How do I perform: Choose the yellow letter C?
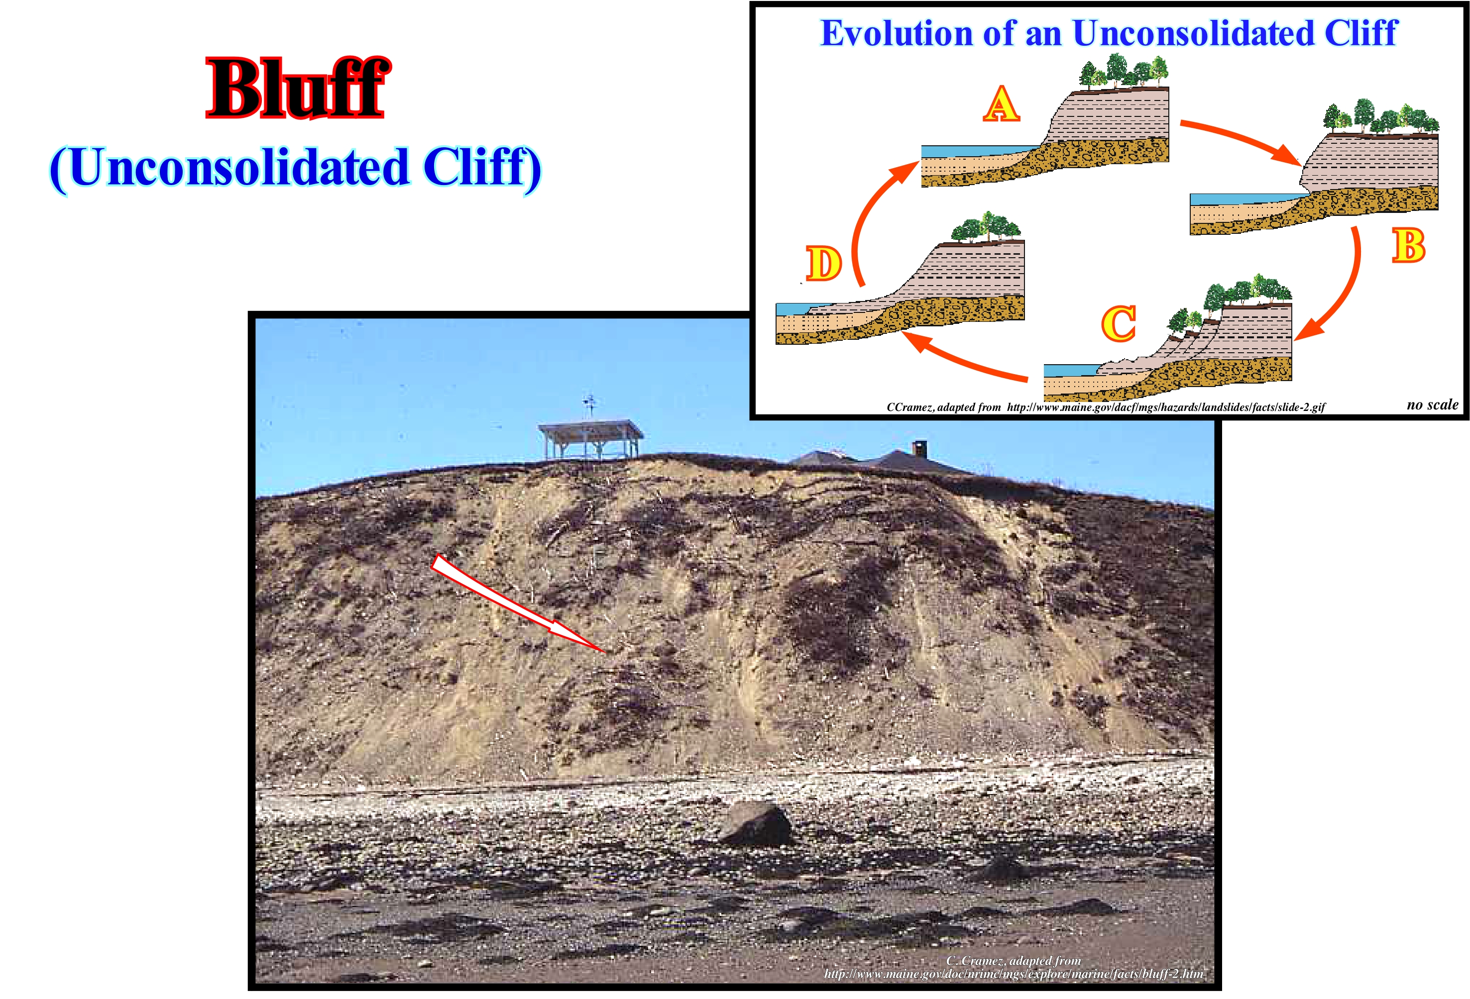pos(1119,324)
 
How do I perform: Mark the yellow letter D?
pos(823,264)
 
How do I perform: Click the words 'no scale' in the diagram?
pos(1433,404)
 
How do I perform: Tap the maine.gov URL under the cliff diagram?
pos(1166,407)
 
